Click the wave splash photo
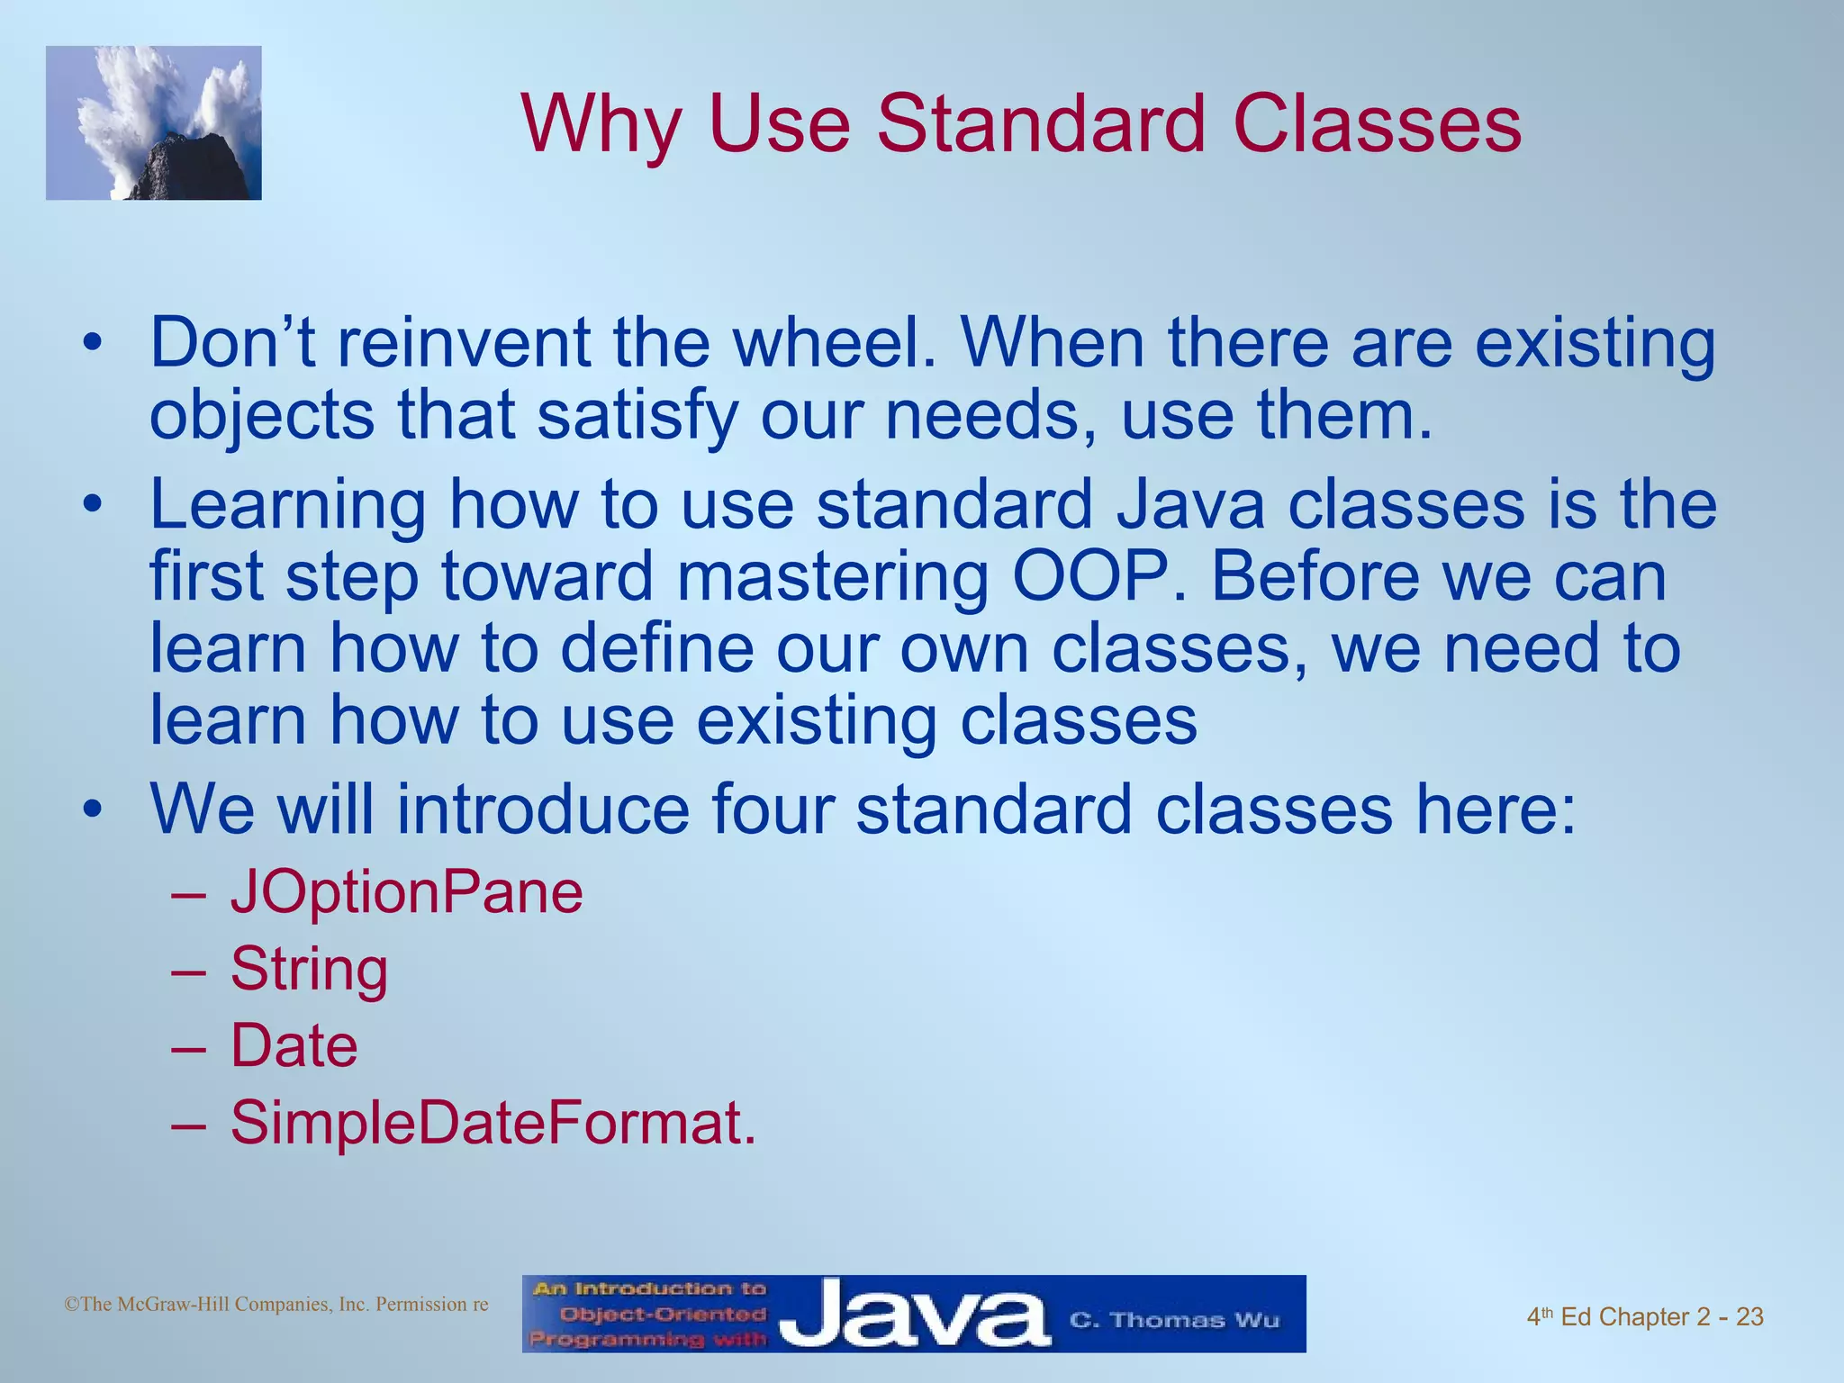point(154,123)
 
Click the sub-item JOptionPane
point(407,893)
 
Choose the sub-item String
point(309,971)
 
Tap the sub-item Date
point(294,1046)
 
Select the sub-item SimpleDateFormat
point(492,1124)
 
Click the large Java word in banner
point(913,1315)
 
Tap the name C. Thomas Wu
point(1174,1320)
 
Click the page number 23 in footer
point(1749,1317)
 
